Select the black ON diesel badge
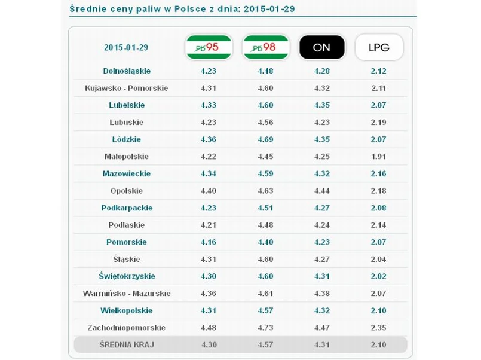(321, 48)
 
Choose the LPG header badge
(379, 48)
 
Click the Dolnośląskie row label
(127, 71)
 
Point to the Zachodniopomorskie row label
(127, 328)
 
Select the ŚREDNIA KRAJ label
(127, 345)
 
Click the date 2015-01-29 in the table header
(127, 48)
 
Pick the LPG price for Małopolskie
(379, 157)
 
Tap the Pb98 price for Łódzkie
(265, 139)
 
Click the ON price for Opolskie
(321, 191)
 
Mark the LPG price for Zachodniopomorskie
(379, 328)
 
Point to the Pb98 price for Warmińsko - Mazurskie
(265, 294)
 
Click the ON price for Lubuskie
(321, 122)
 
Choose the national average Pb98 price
(265, 345)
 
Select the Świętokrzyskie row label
(127, 276)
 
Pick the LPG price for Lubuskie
(379, 122)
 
